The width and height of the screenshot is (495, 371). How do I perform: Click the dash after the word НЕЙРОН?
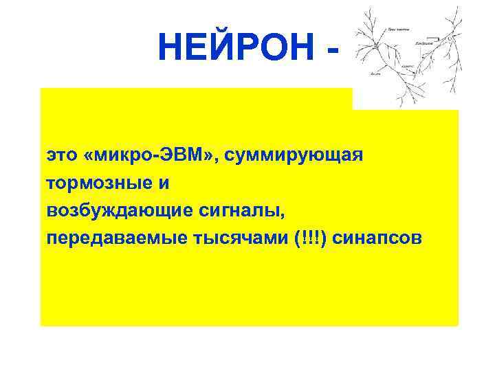pyautogui.click(x=333, y=50)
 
